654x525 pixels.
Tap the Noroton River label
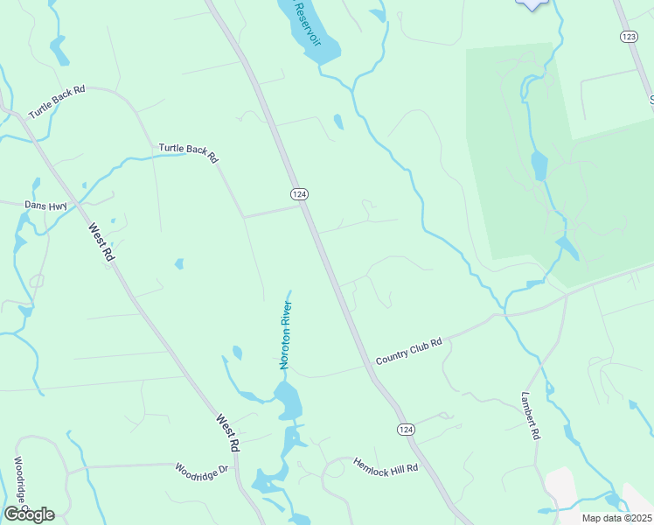coord(285,335)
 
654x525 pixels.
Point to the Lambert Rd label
coord(532,414)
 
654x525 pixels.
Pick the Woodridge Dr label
coord(201,469)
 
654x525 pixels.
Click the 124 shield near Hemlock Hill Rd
coord(405,429)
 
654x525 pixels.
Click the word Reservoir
coord(309,23)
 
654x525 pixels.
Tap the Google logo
coord(29,514)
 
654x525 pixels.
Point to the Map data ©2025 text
coord(617,518)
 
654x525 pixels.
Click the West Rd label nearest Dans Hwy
coord(102,241)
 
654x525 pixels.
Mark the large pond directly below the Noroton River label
coord(289,402)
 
